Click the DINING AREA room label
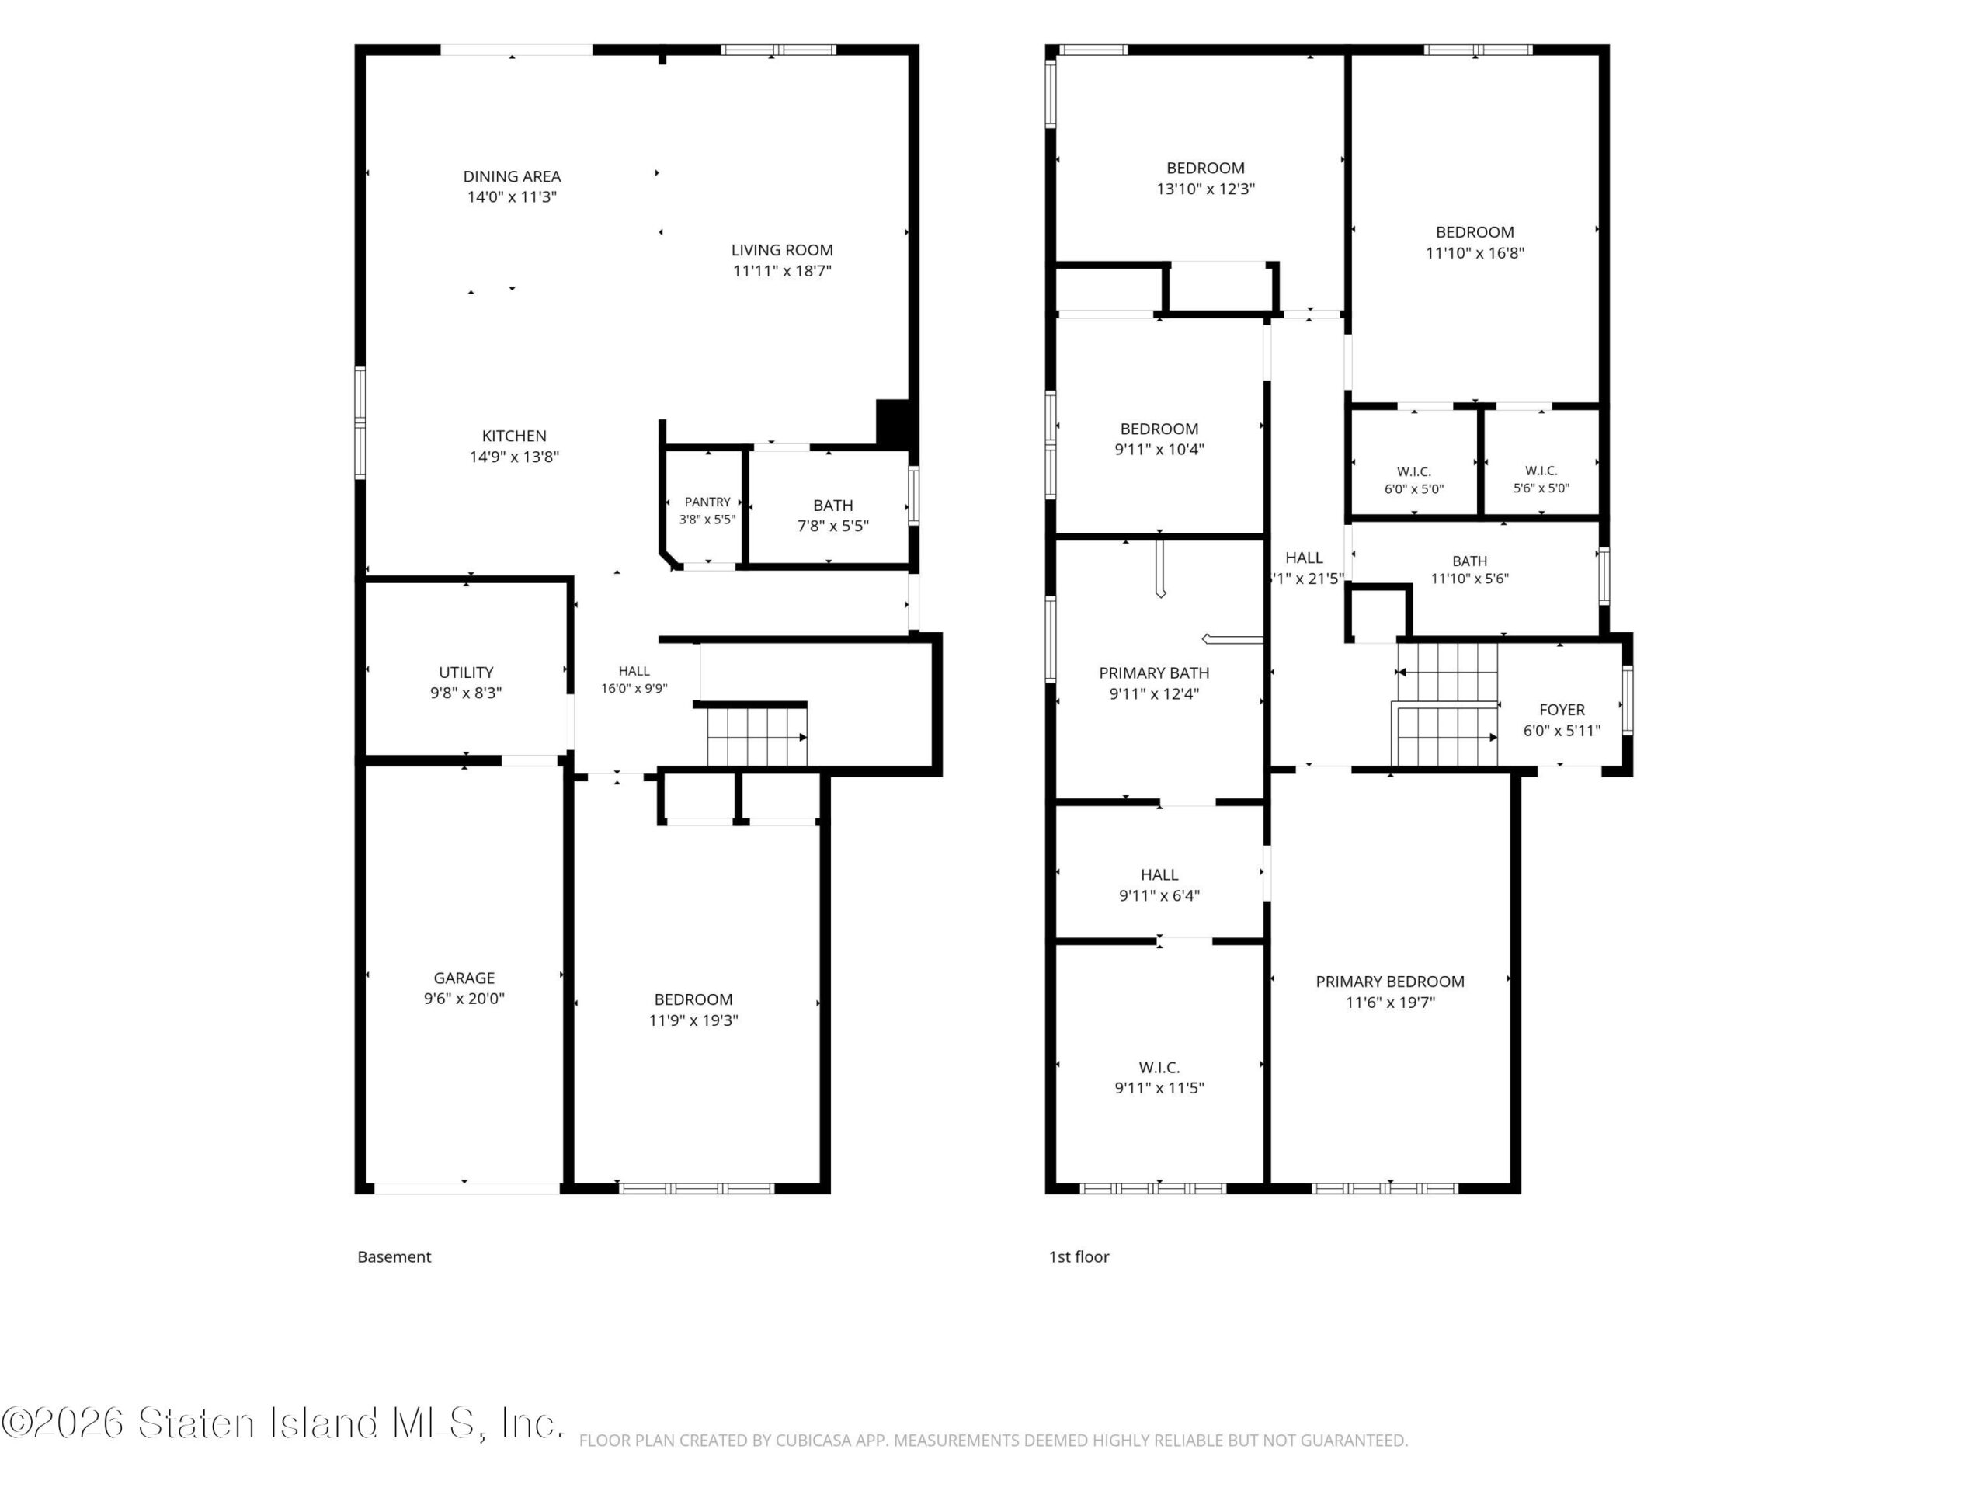(512, 176)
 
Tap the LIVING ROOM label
(782, 250)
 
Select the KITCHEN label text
(514, 436)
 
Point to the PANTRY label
(707, 502)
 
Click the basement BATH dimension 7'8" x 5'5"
(833, 526)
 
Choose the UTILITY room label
(465, 673)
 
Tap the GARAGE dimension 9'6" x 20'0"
(464, 999)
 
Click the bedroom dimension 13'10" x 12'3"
(1205, 189)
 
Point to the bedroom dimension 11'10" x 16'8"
(1475, 252)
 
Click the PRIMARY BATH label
(1154, 673)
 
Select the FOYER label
(1562, 710)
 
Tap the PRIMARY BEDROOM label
(1390, 982)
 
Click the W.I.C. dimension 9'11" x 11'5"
(1159, 1087)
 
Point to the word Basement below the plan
(394, 1256)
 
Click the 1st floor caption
(1079, 1256)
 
